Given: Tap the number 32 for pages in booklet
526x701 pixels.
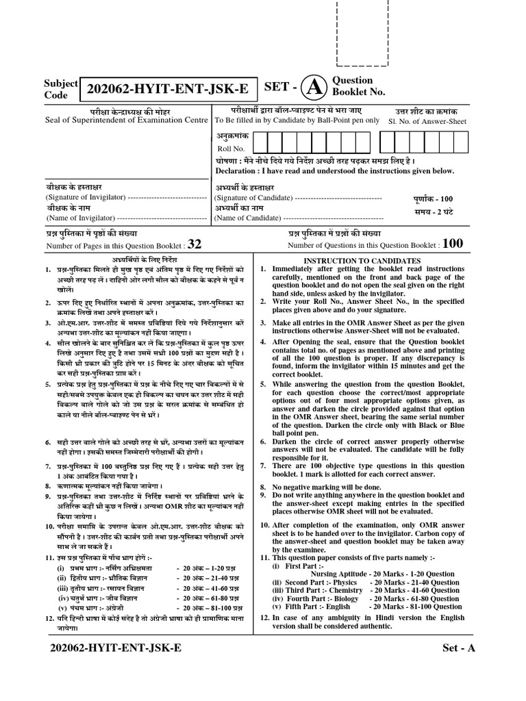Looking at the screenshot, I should click(x=195, y=244).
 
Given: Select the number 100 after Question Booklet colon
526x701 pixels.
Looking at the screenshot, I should click(x=453, y=244).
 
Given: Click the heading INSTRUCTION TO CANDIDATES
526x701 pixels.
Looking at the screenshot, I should click(x=362, y=261).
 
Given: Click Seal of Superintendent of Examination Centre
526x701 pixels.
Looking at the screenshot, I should click(x=124, y=120).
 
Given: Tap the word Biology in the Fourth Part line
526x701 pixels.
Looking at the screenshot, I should click(x=346, y=598).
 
